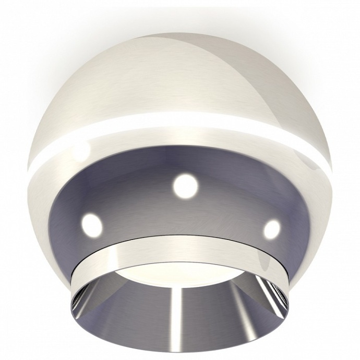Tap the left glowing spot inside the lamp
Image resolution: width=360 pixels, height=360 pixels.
[92, 223]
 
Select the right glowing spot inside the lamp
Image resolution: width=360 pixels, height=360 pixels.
[272, 228]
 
